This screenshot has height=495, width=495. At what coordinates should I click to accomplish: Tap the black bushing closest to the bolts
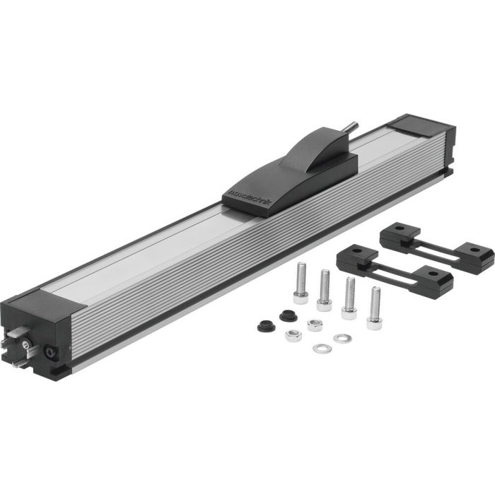click(286, 316)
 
